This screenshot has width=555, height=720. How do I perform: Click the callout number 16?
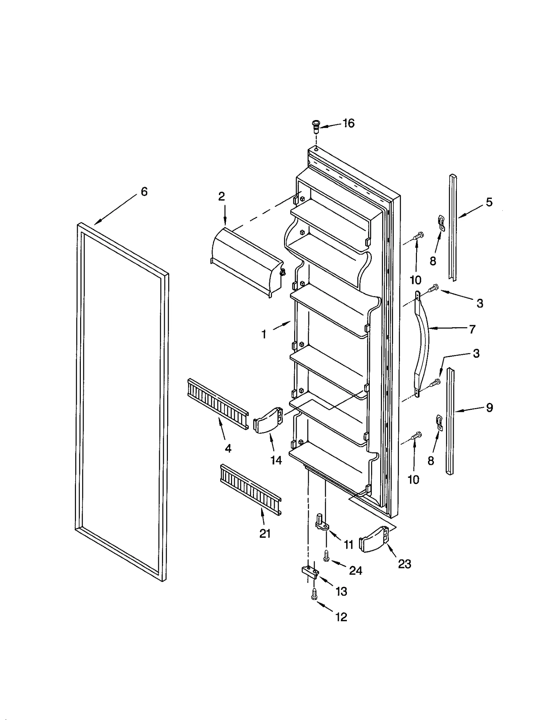348,123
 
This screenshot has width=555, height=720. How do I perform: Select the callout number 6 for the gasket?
144,192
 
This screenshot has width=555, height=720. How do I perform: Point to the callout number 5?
489,202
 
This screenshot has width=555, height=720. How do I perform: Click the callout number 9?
489,408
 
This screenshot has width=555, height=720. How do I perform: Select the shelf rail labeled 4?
217,404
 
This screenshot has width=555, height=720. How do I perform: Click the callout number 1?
264,334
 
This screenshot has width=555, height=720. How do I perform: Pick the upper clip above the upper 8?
441,222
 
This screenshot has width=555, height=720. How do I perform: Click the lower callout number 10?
413,480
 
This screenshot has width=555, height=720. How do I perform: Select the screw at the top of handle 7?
433,287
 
